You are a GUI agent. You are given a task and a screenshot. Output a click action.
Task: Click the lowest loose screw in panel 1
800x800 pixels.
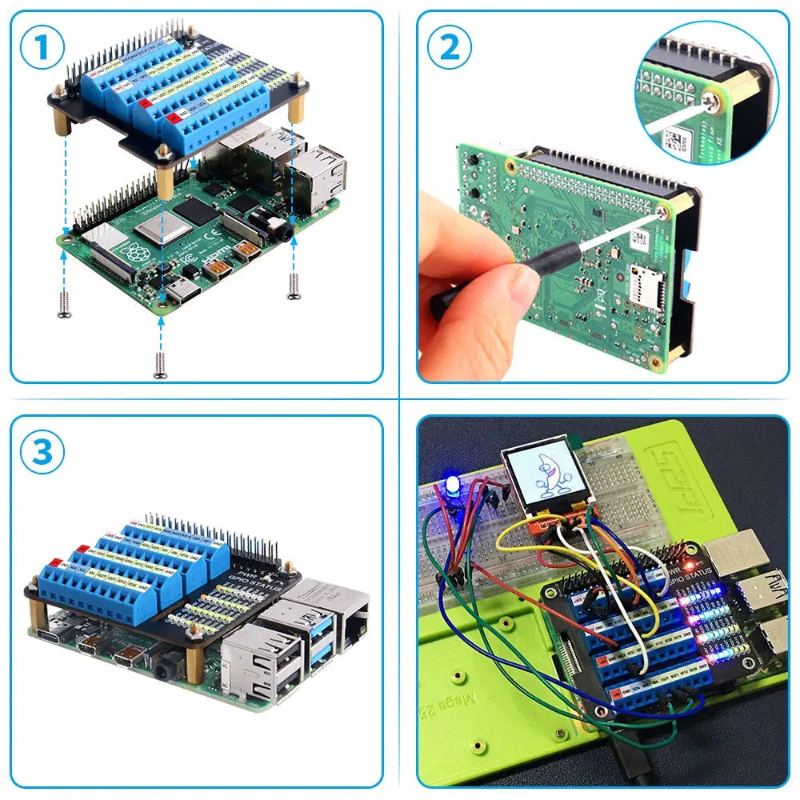click(x=159, y=365)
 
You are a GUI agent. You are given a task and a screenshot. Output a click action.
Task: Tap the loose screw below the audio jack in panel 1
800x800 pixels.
click(x=293, y=286)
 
